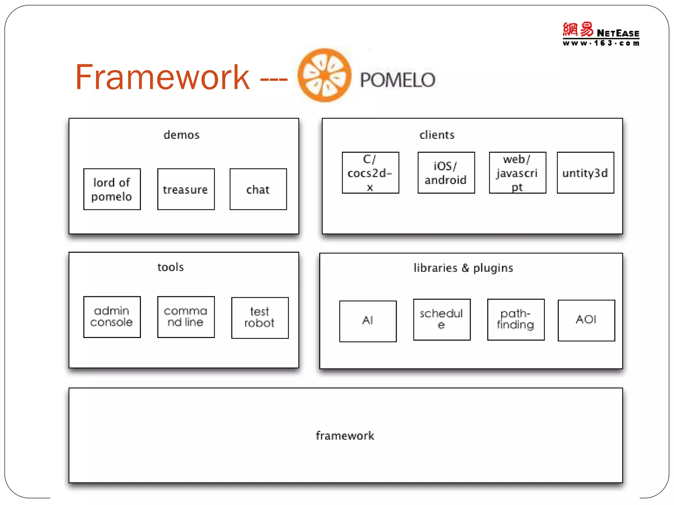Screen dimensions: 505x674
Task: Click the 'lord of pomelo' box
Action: coord(112,189)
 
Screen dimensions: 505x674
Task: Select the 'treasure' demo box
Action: coord(186,189)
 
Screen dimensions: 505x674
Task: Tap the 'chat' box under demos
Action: coord(258,189)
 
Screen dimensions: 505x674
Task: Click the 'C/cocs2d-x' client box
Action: coord(370,173)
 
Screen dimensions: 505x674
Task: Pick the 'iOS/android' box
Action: coord(446,173)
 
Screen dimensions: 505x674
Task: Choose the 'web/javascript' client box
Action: coord(517,173)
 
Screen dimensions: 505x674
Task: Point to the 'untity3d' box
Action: coord(585,173)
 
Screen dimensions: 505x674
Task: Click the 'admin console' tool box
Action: coord(112,317)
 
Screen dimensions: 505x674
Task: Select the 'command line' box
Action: coord(186,317)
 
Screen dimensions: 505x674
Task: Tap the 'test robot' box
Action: coord(260,318)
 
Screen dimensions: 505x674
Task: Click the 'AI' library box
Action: coord(368,321)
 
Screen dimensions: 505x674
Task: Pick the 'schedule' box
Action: coord(442,320)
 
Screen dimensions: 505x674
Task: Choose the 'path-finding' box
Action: coord(516,320)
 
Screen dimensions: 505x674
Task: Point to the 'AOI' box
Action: coord(586,321)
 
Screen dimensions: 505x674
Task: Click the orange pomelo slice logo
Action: coord(324,75)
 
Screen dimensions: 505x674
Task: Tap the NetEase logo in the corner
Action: coord(601,34)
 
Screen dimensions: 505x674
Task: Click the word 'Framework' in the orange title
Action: coord(162,78)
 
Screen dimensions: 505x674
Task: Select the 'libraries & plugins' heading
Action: coord(463,268)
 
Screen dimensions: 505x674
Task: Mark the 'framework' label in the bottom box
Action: coord(345,436)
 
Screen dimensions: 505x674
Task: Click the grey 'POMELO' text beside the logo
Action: coord(398,80)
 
